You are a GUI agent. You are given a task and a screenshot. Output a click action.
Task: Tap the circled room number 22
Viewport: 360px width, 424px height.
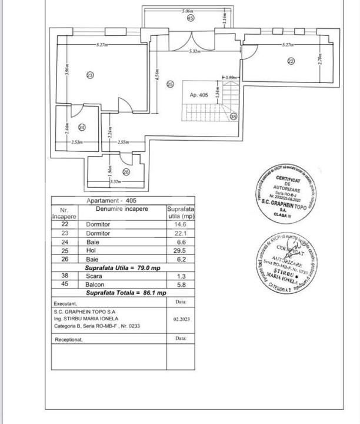(291, 61)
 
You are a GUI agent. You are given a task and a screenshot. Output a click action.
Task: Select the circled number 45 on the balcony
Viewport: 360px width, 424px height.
(190, 18)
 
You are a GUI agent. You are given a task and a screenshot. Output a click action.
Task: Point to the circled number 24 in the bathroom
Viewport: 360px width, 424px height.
(82, 127)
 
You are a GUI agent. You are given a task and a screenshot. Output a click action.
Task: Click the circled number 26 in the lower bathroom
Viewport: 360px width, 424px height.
(126, 172)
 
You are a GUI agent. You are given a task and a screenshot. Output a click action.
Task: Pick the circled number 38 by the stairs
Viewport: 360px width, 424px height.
(234, 117)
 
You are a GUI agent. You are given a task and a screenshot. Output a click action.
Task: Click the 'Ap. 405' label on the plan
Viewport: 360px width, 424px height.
(199, 95)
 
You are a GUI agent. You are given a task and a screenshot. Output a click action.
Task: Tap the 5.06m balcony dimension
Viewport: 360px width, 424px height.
(188, 11)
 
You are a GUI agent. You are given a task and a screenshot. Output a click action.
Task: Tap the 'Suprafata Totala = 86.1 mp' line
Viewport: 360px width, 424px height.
(126, 293)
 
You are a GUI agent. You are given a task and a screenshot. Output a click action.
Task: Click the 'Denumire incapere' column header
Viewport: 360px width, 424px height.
(122, 209)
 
